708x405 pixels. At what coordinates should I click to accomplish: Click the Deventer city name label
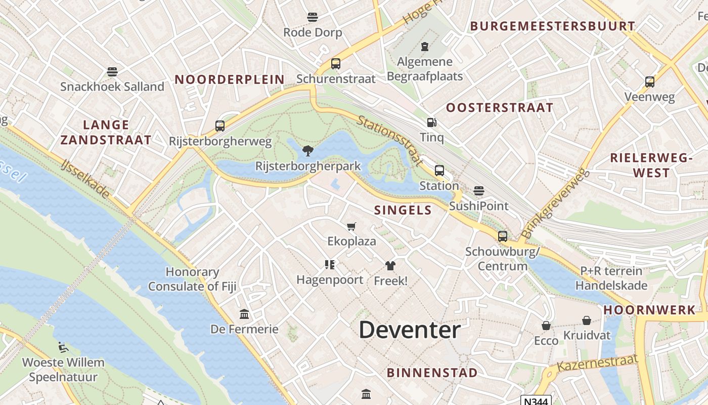coord(410,330)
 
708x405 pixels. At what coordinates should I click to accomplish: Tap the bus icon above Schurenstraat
coord(335,64)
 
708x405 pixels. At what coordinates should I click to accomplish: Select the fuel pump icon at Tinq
coord(431,122)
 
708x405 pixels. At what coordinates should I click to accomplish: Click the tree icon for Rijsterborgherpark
coord(307,150)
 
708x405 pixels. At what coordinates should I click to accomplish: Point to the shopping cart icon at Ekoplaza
coord(351,226)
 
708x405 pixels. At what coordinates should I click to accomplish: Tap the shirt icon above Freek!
coord(390,265)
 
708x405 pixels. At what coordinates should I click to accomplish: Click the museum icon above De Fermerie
coord(244,314)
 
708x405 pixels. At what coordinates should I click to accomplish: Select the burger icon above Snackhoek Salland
coord(112,72)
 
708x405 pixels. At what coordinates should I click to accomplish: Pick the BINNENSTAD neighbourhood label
coord(432,373)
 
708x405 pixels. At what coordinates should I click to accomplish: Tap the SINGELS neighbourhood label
coord(403,210)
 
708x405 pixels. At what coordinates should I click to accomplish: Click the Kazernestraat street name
coord(597,363)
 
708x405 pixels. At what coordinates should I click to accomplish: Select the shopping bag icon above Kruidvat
coord(587,320)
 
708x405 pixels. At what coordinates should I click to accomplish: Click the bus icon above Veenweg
coord(649,82)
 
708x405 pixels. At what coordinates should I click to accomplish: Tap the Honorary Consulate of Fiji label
coord(192,279)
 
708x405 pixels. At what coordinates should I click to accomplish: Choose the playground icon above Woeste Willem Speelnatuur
coord(63,347)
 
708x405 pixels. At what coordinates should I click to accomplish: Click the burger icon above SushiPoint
coord(479,191)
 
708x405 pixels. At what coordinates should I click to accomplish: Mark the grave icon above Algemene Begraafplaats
coord(425,47)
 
